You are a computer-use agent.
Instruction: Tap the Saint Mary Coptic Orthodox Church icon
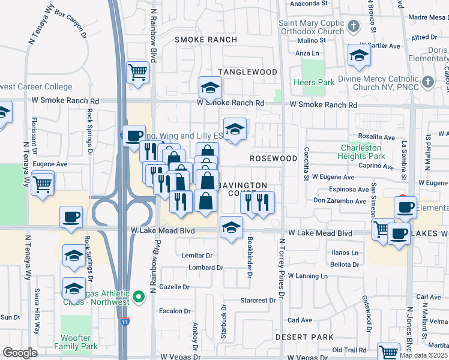354,27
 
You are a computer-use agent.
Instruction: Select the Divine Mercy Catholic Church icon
427,82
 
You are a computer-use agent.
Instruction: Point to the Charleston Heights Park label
361,152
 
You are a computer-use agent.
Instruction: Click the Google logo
20,353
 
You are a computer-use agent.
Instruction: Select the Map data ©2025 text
423,355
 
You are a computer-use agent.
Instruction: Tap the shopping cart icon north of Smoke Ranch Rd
138,73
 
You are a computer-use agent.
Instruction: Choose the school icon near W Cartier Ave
359,56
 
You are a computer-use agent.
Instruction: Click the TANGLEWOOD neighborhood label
247,72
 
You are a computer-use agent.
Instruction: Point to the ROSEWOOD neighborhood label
274,158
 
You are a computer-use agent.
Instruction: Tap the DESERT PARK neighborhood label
304,337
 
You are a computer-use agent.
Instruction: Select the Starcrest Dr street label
257,300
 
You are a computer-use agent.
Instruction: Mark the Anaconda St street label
309,4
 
